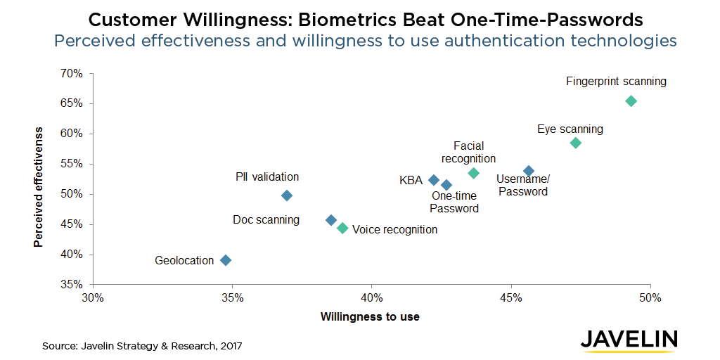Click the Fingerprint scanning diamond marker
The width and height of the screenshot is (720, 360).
(631, 101)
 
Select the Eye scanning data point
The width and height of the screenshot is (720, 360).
(575, 143)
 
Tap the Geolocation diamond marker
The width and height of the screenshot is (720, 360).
(226, 260)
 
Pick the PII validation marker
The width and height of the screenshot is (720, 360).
(286, 195)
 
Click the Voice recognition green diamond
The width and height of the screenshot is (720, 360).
(342, 228)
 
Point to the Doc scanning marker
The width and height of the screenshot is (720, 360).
(331, 220)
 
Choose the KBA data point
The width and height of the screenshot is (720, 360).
(434, 180)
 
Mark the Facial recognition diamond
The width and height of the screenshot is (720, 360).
(473, 173)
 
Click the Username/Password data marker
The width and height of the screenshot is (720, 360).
(529, 171)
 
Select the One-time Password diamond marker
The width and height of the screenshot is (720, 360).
(446, 185)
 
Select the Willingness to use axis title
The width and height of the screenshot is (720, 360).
(370, 317)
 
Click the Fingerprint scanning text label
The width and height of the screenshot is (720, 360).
(616, 82)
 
